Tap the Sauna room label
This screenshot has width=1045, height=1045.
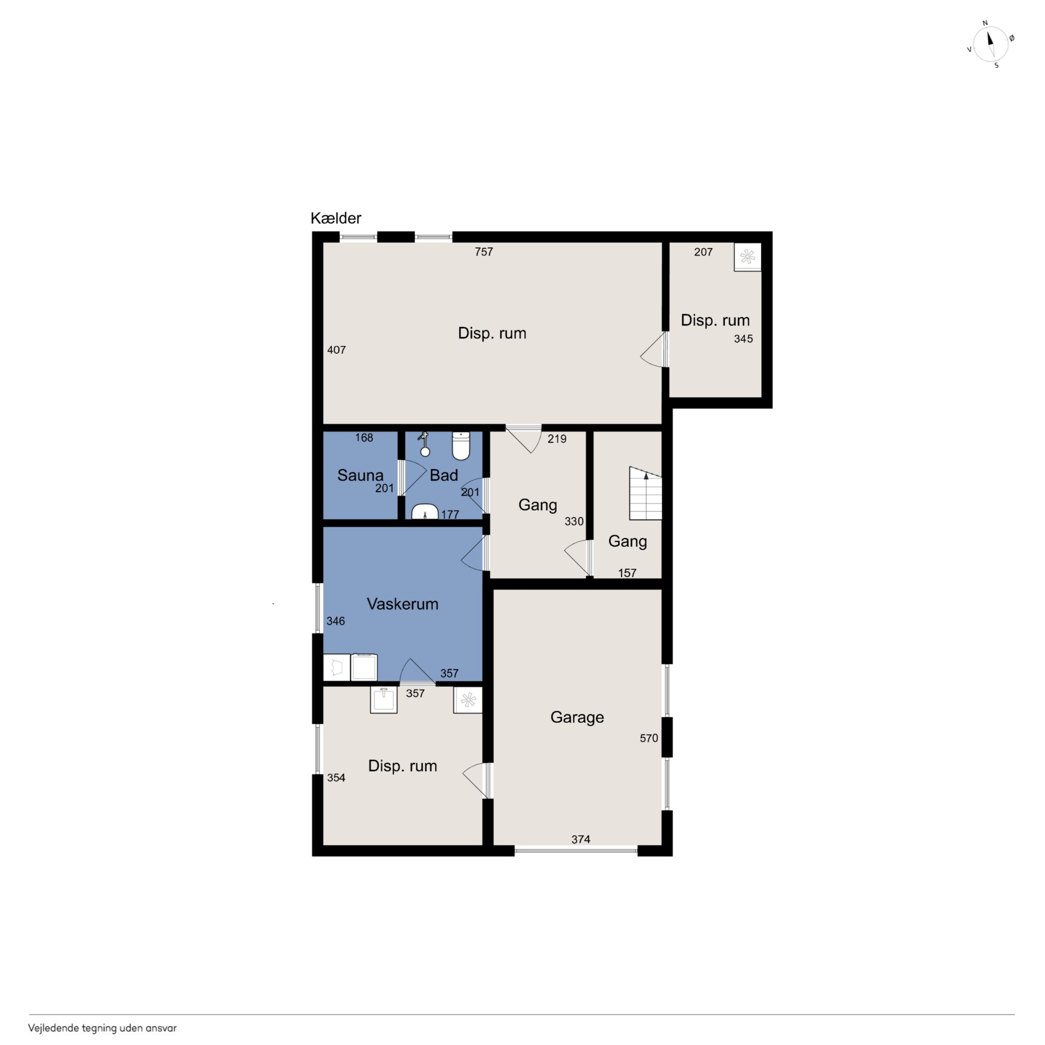point(360,475)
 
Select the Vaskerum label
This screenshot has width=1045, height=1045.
point(402,604)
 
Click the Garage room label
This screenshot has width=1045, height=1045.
point(577,717)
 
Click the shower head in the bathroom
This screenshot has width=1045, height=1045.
point(424,444)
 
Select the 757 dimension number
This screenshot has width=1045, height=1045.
point(484,252)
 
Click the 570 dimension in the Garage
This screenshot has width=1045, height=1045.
point(649,738)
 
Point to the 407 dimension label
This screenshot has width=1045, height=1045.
point(336,350)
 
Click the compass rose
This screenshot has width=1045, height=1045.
point(991,44)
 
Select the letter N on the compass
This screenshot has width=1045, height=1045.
point(985,23)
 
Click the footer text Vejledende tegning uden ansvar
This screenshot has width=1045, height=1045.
point(102,1028)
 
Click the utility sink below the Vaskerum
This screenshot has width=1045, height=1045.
point(383,699)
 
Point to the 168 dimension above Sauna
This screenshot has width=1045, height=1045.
point(364,438)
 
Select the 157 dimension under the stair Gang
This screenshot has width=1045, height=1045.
point(627,573)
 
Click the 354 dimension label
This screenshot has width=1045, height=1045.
point(336,778)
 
